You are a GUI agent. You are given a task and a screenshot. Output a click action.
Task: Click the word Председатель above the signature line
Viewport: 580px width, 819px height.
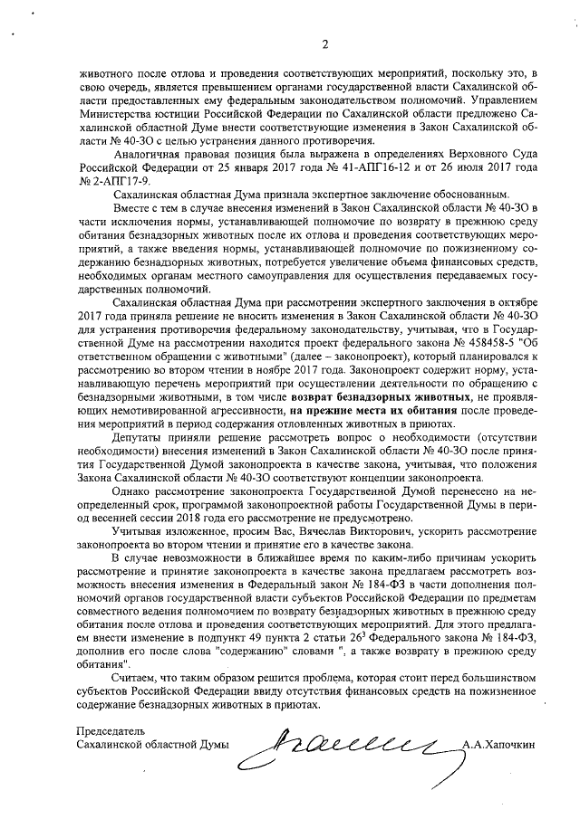(x=111, y=730)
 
